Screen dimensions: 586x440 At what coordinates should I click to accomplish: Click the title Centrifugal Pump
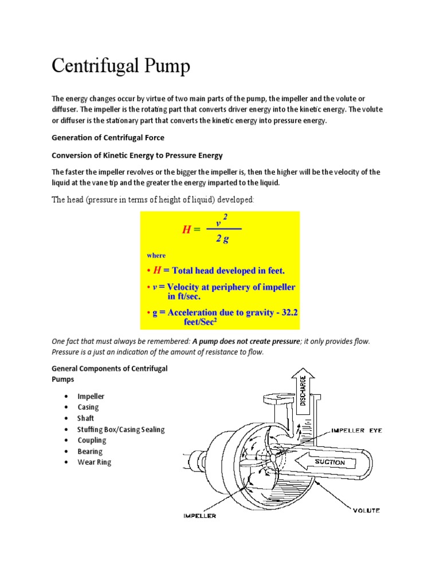tap(120, 66)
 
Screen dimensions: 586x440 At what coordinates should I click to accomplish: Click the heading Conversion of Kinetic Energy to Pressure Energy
tap(137, 155)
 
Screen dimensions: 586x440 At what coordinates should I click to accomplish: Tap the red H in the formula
tap(186, 229)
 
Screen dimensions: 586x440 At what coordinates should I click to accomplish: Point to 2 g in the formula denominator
tap(222, 239)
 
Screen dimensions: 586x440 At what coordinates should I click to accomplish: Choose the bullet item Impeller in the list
tap(91, 396)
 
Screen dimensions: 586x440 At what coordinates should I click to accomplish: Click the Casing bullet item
tap(88, 407)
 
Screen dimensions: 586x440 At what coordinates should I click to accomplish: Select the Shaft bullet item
tap(86, 418)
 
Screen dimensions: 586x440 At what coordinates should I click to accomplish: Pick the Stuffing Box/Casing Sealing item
tap(121, 429)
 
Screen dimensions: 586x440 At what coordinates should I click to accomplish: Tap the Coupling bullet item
tap(92, 440)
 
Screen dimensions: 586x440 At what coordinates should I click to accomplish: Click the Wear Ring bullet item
tap(95, 462)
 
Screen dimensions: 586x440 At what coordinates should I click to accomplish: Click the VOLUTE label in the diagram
tap(366, 510)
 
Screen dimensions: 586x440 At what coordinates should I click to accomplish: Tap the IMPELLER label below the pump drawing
tap(199, 516)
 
